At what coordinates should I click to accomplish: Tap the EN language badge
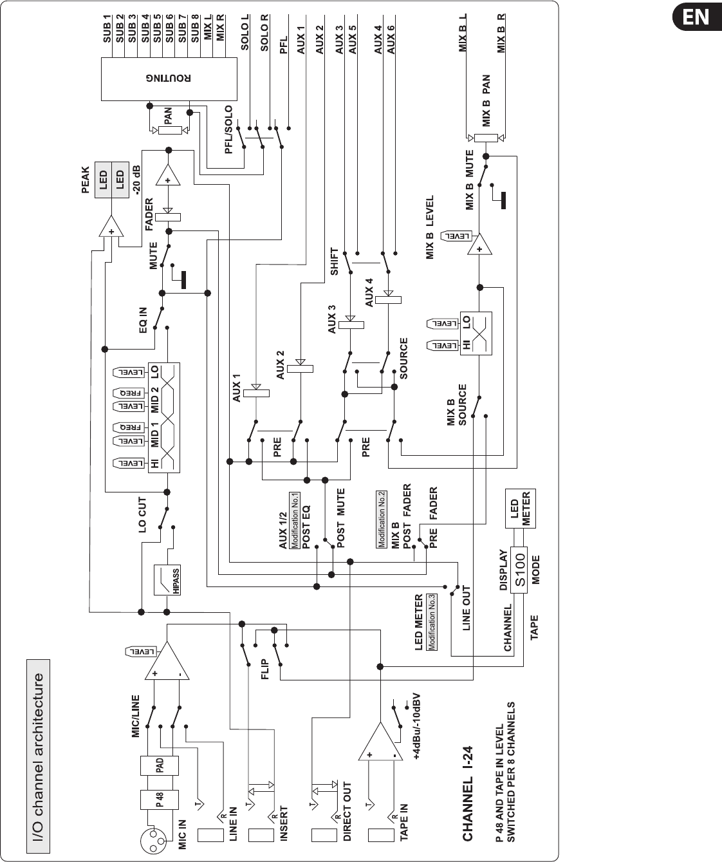tap(697, 17)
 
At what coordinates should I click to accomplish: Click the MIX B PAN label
tap(486, 101)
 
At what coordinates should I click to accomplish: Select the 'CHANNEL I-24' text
tap(468, 793)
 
